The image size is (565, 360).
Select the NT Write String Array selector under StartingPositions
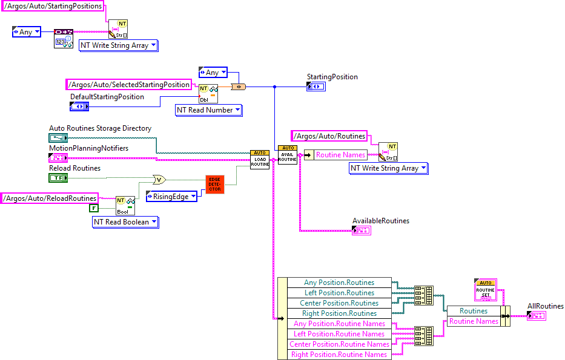119,45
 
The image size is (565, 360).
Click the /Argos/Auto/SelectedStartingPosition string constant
129,85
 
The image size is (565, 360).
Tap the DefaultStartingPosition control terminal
79,106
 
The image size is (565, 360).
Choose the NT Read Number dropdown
208,110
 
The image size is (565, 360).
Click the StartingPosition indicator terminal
316,87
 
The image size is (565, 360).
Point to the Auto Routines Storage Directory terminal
58,138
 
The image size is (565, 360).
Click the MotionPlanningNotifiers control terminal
58,157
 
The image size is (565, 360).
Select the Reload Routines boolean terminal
58,178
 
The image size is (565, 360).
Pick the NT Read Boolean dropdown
125,222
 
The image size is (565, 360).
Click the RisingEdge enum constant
171,197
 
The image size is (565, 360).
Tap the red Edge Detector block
215,185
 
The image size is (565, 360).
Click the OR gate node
159,180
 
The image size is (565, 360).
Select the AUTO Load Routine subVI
260,160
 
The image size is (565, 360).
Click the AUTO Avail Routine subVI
288,155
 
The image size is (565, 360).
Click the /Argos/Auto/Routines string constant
329,136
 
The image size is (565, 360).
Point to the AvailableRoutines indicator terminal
362,231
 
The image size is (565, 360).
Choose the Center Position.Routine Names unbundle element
339,344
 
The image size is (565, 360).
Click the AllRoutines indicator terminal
536,316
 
